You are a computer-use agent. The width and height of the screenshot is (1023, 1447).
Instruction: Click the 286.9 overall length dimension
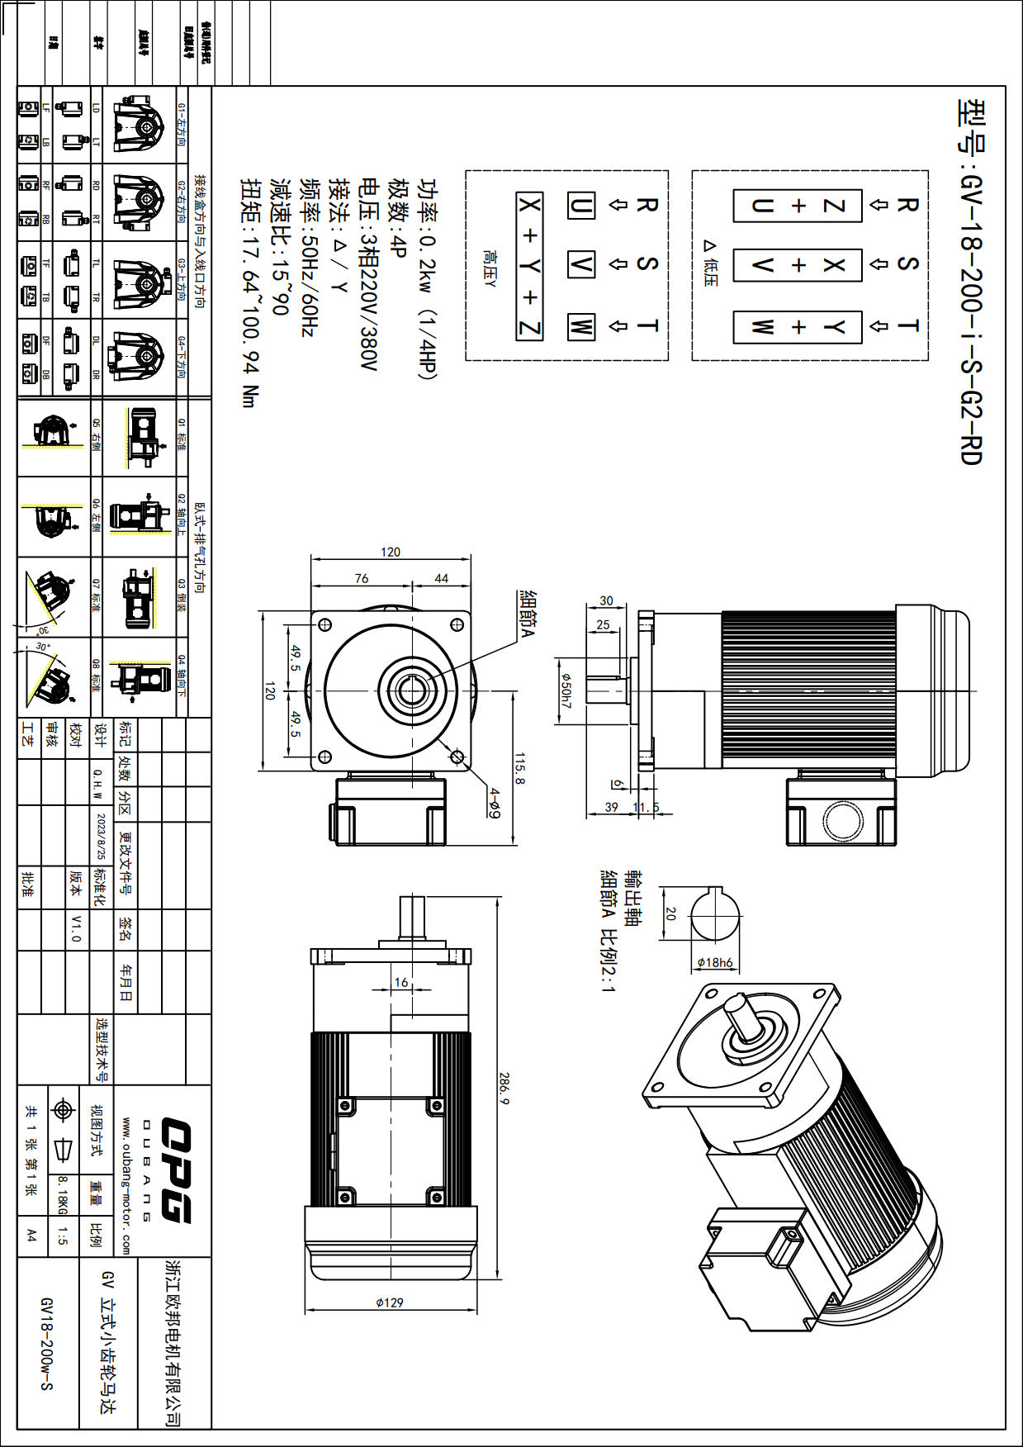point(504,1089)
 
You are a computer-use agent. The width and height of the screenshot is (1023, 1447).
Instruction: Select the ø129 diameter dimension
point(390,1302)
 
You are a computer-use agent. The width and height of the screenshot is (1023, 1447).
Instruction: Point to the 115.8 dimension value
point(519,767)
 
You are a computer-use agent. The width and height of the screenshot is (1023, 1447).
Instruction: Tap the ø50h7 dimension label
point(566,690)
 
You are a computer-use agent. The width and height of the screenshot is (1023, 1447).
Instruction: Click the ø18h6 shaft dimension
point(715,962)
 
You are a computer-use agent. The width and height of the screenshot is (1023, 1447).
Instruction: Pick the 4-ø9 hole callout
point(494,802)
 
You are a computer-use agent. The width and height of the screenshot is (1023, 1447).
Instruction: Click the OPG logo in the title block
point(176,1169)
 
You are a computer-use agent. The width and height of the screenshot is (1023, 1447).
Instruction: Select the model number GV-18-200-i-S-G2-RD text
point(971,282)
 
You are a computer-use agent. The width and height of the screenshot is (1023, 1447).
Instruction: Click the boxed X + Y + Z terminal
point(529,266)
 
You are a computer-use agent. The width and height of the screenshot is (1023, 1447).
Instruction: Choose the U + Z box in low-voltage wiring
point(798,206)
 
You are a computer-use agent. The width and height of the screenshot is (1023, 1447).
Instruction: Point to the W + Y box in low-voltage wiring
point(798,327)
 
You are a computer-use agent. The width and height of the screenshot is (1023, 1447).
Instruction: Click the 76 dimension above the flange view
point(362,578)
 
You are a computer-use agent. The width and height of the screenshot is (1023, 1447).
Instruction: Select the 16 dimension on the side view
point(401,982)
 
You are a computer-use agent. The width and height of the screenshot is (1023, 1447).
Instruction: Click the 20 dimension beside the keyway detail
point(670,913)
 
